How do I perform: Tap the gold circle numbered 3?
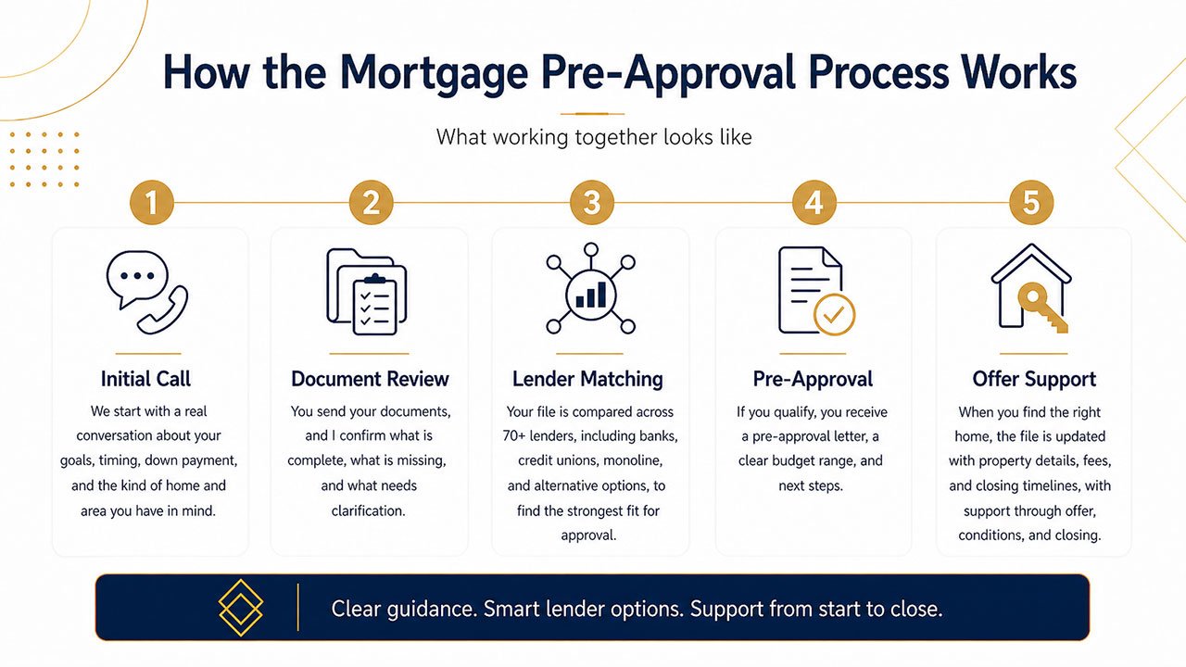[x=591, y=201]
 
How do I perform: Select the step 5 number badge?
[x=1030, y=201]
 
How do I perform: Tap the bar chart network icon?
[x=590, y=289]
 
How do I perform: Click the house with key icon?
[x=1031, y=288]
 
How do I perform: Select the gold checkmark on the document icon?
[x=834, y=315]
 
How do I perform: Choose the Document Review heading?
[x=370, y=379]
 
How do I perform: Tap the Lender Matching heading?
[x=587, y=379]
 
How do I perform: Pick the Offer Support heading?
[x=1034, y=379]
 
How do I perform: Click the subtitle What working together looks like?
[x=594, y=138]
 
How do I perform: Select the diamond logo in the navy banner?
[x=241, y=608]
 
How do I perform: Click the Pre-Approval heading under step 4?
[x=813, y=379]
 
